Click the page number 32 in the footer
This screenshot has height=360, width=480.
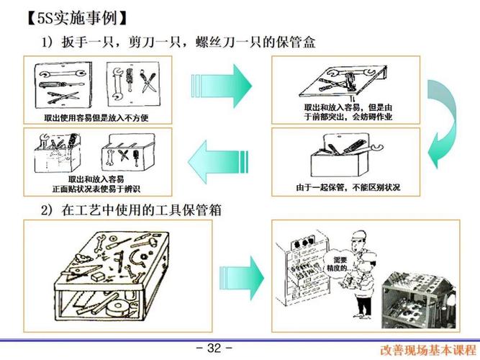214,348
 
